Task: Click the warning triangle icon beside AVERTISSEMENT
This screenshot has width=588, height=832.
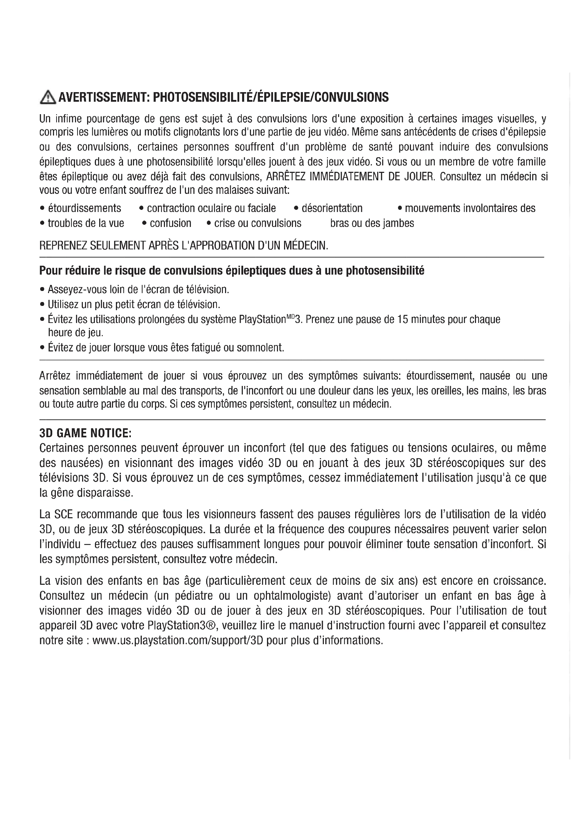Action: point(48,97)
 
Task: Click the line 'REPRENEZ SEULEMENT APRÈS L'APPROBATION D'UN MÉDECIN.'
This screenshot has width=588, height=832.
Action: point(183,246)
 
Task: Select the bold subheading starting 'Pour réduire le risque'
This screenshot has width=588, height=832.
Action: point(232,271)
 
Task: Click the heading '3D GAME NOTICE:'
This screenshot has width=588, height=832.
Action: point(85,433)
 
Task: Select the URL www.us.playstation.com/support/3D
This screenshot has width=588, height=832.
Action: point(177,641)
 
